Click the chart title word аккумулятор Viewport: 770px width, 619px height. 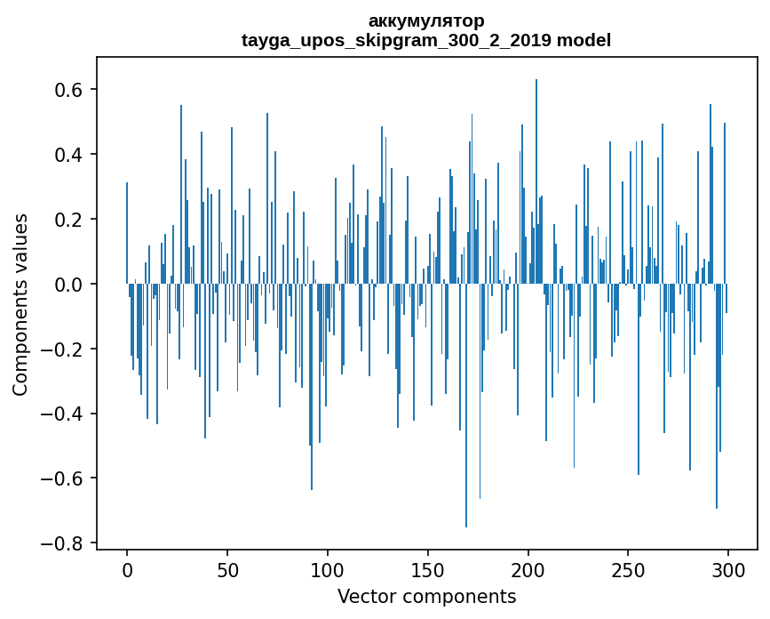pyautogui.click(x=426, y=20)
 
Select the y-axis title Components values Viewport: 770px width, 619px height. pyautogui.click(x=20, y=304)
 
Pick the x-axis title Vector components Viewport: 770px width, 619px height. pyautogui.click(x=426, y=597)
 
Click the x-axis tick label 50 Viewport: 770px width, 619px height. pyautogui.click(x=227, y=571)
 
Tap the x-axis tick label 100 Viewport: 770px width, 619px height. pyautogui.click(x=328, y=571)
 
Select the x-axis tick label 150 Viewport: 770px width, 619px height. pyautogui.click(x=427, y=571)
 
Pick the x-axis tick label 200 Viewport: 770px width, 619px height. pyautogui.click(x=528, y=571)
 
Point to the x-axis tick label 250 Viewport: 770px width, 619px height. pyautogui.click(x=628, y=571)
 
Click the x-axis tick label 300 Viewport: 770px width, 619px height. pyautogui.click(x=728, y=571)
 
